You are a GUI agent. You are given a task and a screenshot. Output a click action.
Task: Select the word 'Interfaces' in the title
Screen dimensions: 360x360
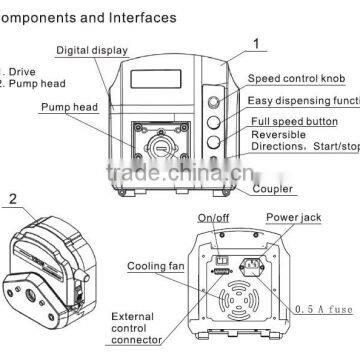(141, 17)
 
